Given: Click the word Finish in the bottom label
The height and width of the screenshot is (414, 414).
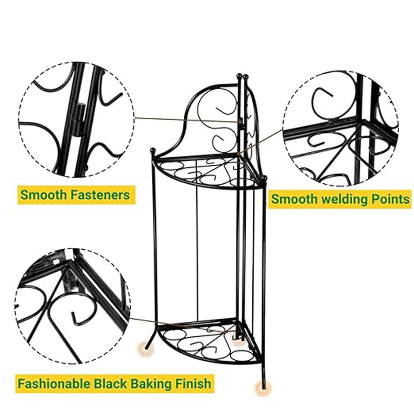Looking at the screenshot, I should coord(193,383).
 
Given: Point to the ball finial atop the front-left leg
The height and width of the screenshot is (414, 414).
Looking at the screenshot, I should coord(152,151).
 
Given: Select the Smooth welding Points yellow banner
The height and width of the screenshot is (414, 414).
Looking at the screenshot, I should coord(340,199).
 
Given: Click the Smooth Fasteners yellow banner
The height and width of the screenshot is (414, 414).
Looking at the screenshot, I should coord(76,195).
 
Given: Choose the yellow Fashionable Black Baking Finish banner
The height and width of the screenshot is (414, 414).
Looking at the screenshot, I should coord(115,383).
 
